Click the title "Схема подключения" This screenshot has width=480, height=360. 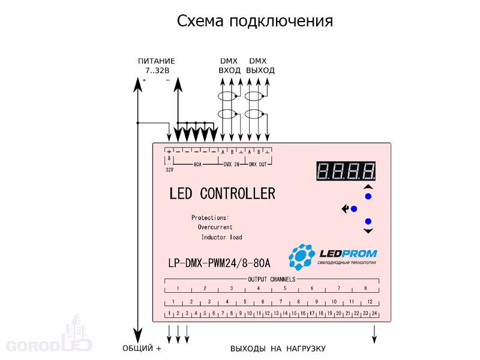click(x=255, y=22)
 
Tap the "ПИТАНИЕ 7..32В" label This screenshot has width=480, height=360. click(x=156, y=66)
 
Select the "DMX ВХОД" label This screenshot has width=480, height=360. click(x=229, y=66)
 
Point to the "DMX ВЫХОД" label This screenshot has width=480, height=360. click(x=260, y=66)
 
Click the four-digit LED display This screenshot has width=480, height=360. click(x=346, y=172)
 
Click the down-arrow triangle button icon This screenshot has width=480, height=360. click(x=368, y=230)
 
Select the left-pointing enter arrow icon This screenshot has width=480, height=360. click(x=345, y=209)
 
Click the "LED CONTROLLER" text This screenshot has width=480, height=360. click(x=222, y=194)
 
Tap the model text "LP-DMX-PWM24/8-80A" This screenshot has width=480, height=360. click(x=220, y=263)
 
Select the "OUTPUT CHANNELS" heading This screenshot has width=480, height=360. click(x=272, y=280)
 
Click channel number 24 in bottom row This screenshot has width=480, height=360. click(x=374, y=314)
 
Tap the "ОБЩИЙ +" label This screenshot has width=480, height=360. click(x=142, y=348)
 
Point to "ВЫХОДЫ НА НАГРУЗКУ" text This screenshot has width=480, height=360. click(x=278, y=348)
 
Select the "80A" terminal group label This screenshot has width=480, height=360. click(x=197, y=164)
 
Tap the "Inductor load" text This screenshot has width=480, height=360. click(x=221, y=238)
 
